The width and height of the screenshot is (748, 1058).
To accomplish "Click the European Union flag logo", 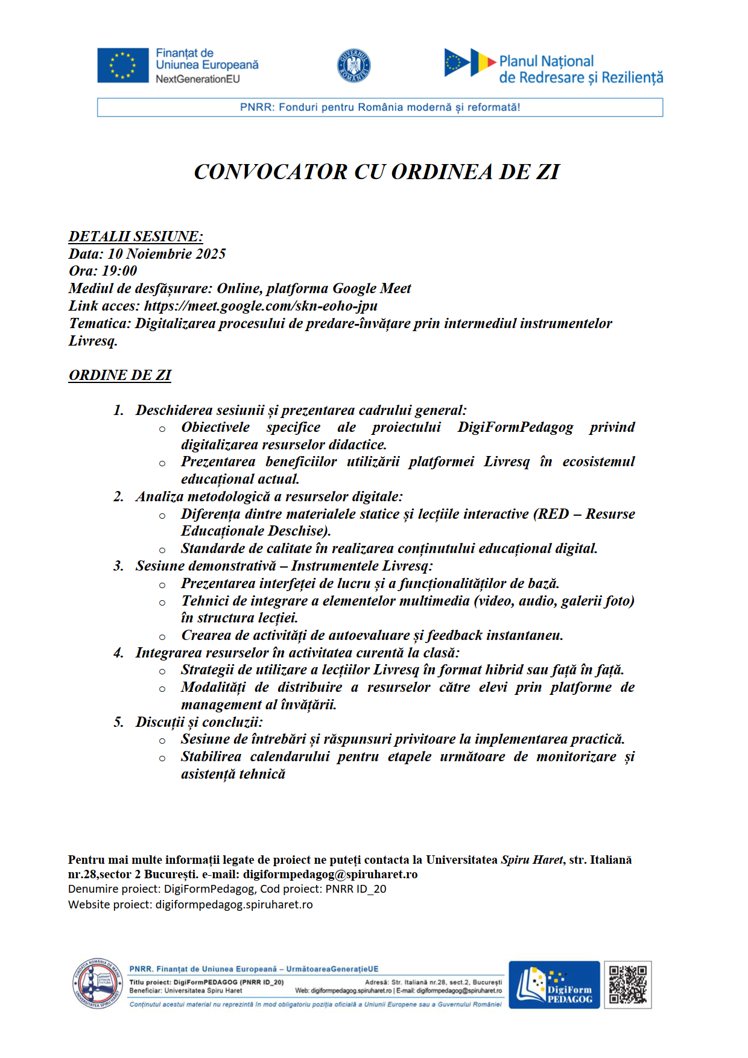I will click(x=123, y=65).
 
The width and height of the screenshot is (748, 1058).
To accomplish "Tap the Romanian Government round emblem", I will click(x=353, y=65).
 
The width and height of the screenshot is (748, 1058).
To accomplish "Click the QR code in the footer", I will click(x=627, y=984).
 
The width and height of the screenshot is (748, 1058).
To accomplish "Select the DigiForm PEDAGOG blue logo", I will click(x=554, y=984).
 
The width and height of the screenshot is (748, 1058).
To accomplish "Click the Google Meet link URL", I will click(x=261, y=306).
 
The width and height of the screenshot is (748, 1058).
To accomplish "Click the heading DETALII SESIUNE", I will click(x=136, y=236).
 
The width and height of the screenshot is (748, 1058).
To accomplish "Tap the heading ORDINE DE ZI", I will click(x=120, y=375).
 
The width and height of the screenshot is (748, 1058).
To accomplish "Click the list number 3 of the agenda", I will click(x=118, y=566).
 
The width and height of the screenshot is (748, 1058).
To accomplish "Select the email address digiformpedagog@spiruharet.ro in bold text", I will click(x=330, y=874).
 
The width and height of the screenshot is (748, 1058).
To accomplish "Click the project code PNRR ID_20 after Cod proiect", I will click(x=356, y=889).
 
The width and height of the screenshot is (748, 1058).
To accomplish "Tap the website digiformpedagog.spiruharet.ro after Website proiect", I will click(x=234, y=905).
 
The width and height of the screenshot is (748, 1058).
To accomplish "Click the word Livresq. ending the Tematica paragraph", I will click(x=93, y=341).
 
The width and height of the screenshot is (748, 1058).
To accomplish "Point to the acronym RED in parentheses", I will click(x=553, y=514).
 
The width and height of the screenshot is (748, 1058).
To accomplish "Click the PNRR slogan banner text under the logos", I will click(x=380, y=107).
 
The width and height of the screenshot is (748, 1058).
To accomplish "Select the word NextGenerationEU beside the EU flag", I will click(x=198, y=79).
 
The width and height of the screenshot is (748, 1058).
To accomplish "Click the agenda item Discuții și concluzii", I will click(x=199, y=722).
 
